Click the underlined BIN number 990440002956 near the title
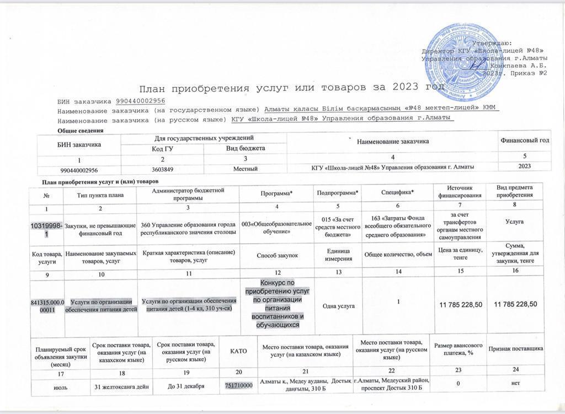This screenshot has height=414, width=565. tap(141, 101)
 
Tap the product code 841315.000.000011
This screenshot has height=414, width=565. tap(46, 305)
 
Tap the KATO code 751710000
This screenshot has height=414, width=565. tap(238, 386)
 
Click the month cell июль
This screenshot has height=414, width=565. tap(59, 386)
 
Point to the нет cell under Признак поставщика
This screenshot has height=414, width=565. tap(515, 386)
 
